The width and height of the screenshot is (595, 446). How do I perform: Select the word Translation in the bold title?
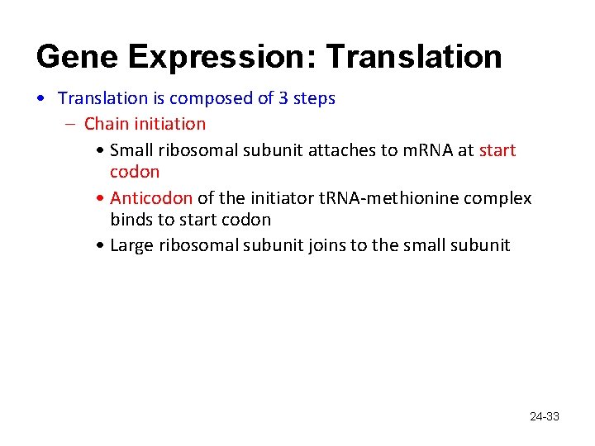[414, 56]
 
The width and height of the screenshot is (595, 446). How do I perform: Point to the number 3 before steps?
[284, 98]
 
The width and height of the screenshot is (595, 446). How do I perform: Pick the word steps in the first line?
[315, 98]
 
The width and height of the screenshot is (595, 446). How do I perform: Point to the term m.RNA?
[424, 150]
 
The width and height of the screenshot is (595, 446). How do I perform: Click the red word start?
[497, 150]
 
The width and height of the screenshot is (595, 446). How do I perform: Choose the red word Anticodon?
[151, 198]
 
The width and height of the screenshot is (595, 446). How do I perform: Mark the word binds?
[131, 220]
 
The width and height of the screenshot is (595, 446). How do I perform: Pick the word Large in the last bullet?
[131, 245]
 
